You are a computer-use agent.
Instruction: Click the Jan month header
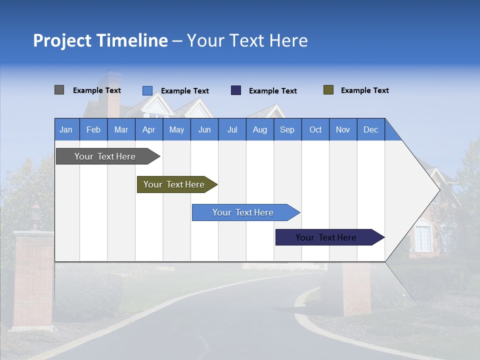click(x=66, y=129)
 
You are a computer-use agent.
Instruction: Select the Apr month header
click(x=148, y=129)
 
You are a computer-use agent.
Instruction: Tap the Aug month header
click(x=259, y=129)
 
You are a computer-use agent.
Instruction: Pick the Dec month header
click(x=370, y=129)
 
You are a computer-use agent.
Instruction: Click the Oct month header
click(x=315, y=129)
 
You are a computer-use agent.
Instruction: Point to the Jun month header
click(x=204, y=129)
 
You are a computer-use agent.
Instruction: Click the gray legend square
click(x=59, y=90)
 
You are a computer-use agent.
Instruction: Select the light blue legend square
click(x=147, y=90)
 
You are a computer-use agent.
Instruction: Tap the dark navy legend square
click(x=235, y=90)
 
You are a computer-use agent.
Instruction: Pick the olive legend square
click(x=328, y=90)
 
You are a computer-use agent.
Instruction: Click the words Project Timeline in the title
click(x=100, y=40)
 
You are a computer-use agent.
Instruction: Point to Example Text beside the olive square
click(x=364, y=90)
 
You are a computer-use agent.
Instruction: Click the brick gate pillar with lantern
click(x=33, y=270)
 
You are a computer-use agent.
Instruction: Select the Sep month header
click(x=287, y=129)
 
